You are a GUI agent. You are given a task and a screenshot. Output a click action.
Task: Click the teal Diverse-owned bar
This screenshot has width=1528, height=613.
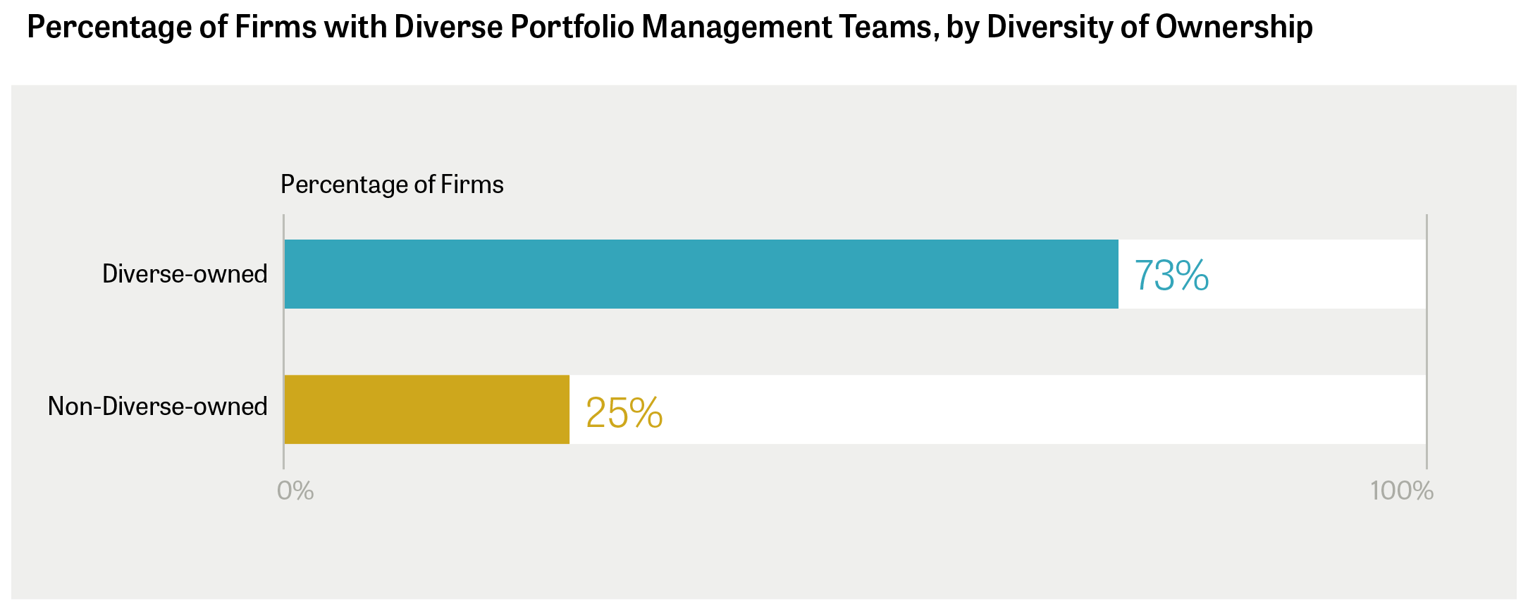(701, 274)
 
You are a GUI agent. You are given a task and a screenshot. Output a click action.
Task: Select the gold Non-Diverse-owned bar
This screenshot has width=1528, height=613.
(427, 409)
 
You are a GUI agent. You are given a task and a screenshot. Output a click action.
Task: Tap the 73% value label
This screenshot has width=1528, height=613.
(1171, 275)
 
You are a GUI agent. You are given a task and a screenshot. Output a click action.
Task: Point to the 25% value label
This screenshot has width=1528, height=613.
(624, 413)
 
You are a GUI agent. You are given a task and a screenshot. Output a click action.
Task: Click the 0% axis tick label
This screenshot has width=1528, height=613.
(295, 491)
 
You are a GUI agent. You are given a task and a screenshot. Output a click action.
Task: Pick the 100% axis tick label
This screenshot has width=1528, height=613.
(1402, 491)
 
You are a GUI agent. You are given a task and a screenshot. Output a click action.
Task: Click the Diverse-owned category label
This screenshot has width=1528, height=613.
(185, 274)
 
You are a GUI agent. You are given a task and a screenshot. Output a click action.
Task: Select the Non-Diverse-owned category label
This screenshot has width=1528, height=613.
(158, 407)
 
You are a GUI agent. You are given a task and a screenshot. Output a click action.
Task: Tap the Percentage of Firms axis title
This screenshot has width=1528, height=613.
(392, 185)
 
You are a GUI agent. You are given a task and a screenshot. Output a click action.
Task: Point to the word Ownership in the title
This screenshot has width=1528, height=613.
(1234, 27)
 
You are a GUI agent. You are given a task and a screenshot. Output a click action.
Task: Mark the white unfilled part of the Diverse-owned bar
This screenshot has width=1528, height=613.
(1272, 274)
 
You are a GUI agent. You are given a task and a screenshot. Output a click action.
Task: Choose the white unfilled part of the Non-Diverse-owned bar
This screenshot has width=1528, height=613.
(998, 409)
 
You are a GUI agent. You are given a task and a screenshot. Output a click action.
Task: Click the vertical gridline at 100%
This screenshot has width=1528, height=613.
(1427, 342)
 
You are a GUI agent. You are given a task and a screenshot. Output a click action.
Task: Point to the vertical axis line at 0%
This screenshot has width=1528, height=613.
(283, 342)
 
